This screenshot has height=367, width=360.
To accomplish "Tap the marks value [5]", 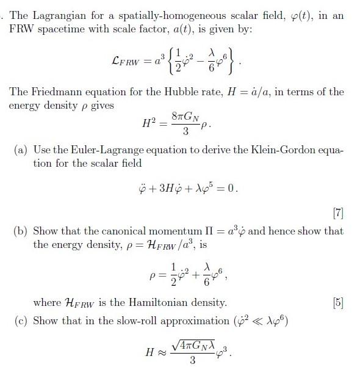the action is tap(338, 302).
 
